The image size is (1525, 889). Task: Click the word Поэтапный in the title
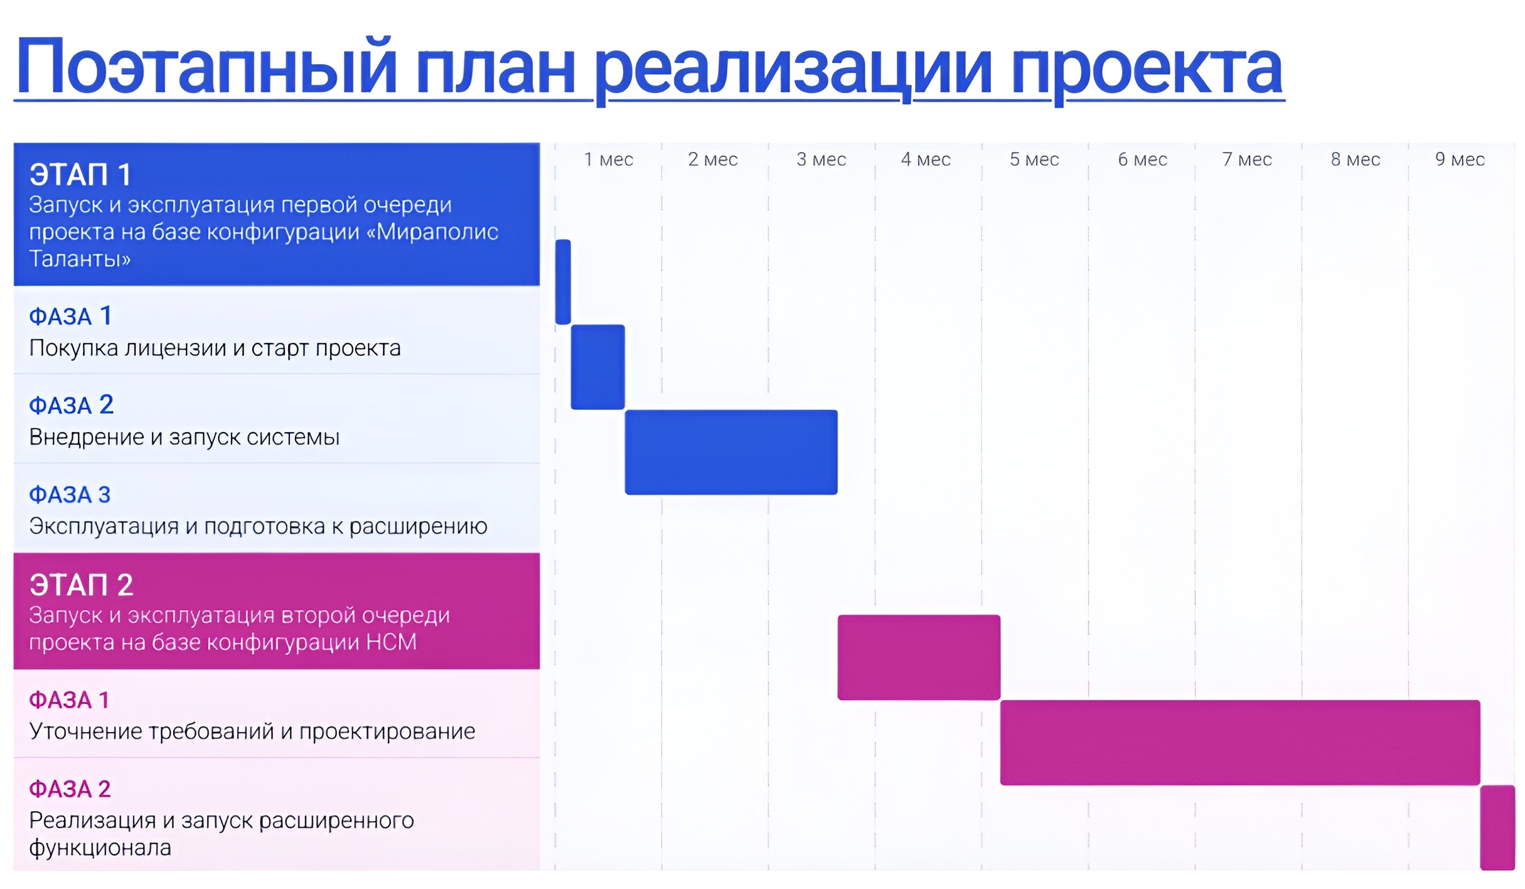pyautogui.click(x=206, y=67)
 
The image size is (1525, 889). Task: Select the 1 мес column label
pyautogui.click(x=608, y=159)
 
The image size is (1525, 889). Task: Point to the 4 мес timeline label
pyautogui.click(x=926, y=159)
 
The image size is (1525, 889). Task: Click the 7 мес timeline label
pyautogui.click(x=1247, y=159)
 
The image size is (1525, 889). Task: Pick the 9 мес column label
pyautogui.click(x=1460, y=159)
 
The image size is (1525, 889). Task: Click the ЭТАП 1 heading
pyautogui.click(x=80, y=175)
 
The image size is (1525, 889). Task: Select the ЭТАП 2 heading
pyautogui.click(x=82, y=585)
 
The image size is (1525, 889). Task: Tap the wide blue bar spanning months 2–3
pyautogui.click(x=731, y=452)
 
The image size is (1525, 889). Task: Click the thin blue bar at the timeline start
pyautogui.click(x=563, y=282)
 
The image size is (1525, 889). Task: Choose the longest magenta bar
pyautogui.click(x=1240, y=743)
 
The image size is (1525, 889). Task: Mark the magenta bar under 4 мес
pyautogui.click(x=919, y=657)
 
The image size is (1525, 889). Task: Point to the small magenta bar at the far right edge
pyautogui.click(x=1498, y=827)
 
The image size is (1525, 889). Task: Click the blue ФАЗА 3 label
pyautogui.click(x=70, y=495)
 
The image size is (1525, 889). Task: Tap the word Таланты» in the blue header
pyautogui.click(x=80, y=259)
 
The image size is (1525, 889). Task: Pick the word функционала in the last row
pyautogui.click(x=100, y=848)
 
